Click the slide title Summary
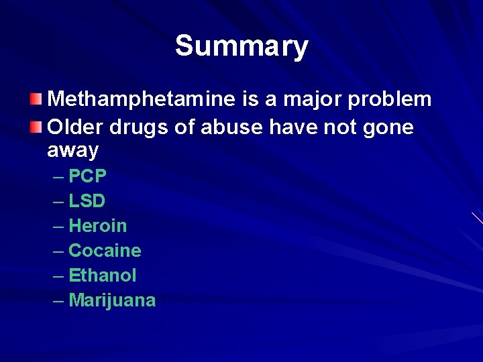click(241, 46)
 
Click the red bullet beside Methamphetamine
click(36, 100)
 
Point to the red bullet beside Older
click(36, 125)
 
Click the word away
click(72, 151)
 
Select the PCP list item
click(87, 176)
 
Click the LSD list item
click(87, 201)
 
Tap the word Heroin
click(98, 226)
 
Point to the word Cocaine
click(105, 251)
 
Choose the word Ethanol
click(103, 276)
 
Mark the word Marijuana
click(112, 300)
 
